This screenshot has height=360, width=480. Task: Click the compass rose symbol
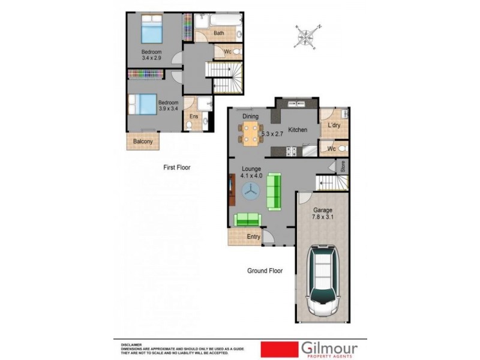307,35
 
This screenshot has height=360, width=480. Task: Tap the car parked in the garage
324,282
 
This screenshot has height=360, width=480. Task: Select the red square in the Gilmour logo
279,349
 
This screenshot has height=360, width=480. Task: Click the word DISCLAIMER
131,345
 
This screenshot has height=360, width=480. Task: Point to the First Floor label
176,168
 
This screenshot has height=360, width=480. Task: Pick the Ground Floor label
265,271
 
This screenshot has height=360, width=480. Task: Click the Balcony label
143,142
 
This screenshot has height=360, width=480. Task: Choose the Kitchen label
298,130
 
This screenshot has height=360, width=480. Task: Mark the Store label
343,166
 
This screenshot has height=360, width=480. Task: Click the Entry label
254,237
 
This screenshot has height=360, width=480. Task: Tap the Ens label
194,116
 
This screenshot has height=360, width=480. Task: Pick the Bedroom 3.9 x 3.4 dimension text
168,106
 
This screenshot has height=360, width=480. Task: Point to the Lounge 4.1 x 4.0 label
252,172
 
